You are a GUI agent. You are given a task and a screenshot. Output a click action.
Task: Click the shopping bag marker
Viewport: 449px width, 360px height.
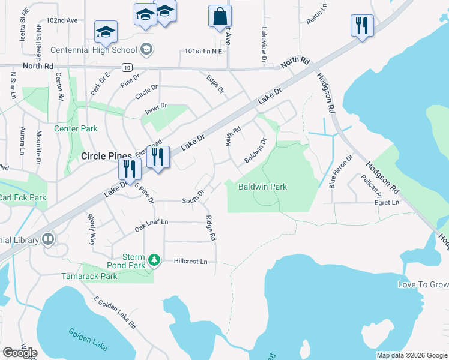point(220,17)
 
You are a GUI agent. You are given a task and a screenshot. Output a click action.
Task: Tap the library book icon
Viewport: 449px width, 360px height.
point(48,240)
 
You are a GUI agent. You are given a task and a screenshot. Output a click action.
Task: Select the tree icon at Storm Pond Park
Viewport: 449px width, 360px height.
point(155,259)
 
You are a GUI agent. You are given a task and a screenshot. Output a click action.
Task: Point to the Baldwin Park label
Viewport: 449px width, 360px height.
point(262,187)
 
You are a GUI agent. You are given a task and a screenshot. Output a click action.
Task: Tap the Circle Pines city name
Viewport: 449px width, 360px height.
point(106,156)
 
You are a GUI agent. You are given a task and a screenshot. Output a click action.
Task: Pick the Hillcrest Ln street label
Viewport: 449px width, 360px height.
point(190,262)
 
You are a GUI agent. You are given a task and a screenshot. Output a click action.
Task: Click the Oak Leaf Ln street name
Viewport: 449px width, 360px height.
point(151,222)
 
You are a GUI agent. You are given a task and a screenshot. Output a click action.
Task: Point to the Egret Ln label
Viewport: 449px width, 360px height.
point(386,203)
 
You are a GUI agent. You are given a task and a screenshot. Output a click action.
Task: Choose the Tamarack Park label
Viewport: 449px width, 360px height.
point(89,276)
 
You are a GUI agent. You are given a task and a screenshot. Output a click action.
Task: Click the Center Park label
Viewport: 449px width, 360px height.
point(76,128)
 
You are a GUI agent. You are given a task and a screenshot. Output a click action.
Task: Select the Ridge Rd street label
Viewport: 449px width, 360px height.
point(211,228)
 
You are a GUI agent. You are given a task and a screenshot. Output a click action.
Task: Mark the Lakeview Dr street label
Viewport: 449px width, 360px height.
point(263,45)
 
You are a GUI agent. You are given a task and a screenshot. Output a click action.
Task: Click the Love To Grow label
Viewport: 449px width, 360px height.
point(423,284)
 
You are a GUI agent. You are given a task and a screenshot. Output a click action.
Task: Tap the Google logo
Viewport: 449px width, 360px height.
point(20,353)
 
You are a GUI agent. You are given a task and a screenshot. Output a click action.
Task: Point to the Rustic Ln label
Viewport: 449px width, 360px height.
point(316,14)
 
